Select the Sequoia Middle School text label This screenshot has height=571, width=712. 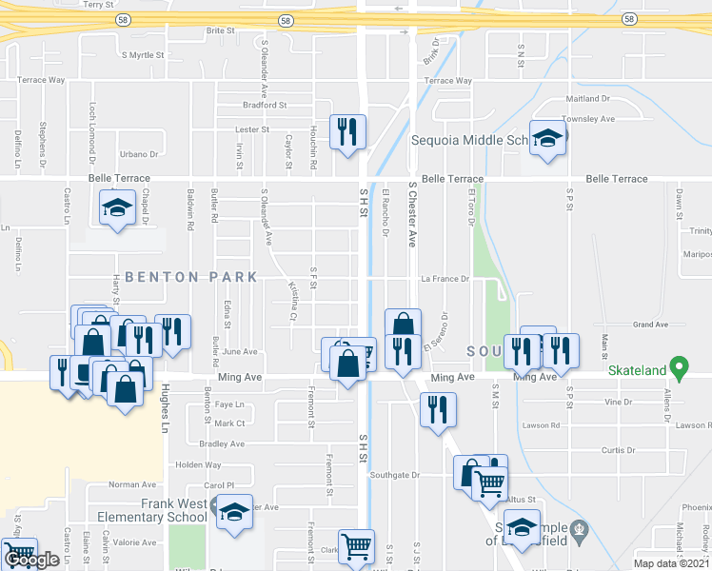click(469, 140)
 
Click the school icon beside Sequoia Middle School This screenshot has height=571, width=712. click(547, 139)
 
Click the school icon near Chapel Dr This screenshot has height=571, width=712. click(117, 209)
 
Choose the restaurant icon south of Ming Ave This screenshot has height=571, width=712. click(437, 410)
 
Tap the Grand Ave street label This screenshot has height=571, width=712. click(650, 325)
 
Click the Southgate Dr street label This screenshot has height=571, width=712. click(395, 474)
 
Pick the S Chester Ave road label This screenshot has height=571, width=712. click(413, 214)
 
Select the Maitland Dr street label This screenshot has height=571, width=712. click(588, 99)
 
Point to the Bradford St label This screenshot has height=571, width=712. click(265, 106)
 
